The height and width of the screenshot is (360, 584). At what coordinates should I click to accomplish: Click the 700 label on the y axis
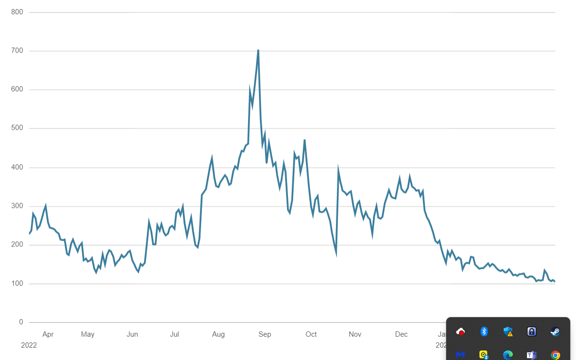[x=17, y=51]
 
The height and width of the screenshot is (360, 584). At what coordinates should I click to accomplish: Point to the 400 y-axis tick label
[x=17, y=167]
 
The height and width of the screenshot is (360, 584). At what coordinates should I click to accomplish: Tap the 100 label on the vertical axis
[x=17, y=284]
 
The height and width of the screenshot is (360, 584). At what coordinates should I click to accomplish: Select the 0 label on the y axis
[x=21, y=322]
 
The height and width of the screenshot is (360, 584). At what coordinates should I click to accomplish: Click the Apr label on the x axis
[x=48, y=334]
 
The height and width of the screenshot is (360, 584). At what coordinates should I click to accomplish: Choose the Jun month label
[x=132, y=334]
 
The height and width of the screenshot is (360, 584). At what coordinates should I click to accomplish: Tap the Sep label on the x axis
[x=265, y=334]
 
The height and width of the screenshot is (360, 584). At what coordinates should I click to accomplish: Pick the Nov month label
[x=355, y=334]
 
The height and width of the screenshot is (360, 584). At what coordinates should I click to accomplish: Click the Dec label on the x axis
[x=402, y=334]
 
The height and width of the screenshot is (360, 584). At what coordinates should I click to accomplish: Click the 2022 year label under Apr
[x=29, y=345]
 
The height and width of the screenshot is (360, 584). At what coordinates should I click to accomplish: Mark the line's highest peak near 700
[x=258, y=50]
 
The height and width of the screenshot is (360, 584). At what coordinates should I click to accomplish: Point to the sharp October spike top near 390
[x=338, y=169]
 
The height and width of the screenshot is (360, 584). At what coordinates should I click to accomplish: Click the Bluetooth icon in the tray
[x=484, y=331]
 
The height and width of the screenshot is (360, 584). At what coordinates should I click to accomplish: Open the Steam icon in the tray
[x=555, y=331]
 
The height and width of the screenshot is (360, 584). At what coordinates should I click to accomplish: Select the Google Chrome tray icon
[x=555, y=355]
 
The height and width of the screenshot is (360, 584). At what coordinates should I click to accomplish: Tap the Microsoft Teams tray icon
[x=531, y=355]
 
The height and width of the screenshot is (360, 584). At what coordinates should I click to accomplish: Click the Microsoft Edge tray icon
[x=508, y=355]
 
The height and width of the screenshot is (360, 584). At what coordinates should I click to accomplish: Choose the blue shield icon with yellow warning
[x=508, y=331]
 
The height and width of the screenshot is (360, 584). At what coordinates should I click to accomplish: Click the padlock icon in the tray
[x=532, y=331]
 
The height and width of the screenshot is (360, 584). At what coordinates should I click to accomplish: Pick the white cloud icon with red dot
[x=460, y=331]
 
